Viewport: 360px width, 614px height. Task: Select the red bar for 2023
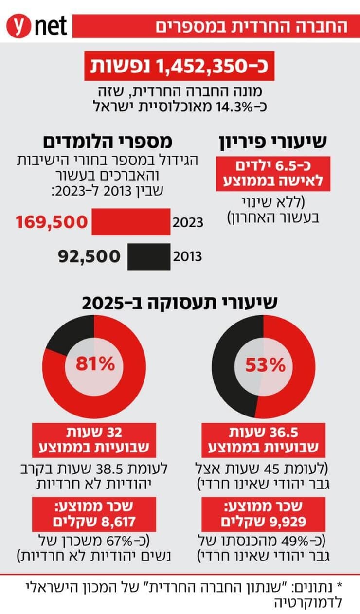[x=131, y=222]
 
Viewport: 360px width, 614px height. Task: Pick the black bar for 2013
[x=149, y=256]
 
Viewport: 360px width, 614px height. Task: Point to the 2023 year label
[x=187, y=224]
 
